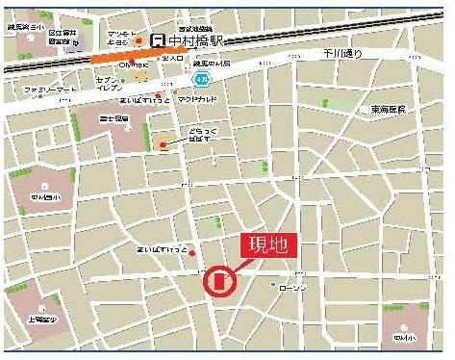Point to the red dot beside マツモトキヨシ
[139, 41]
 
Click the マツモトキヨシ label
[119, 39]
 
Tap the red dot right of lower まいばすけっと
[193, 253]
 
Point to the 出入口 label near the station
[172, 59]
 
